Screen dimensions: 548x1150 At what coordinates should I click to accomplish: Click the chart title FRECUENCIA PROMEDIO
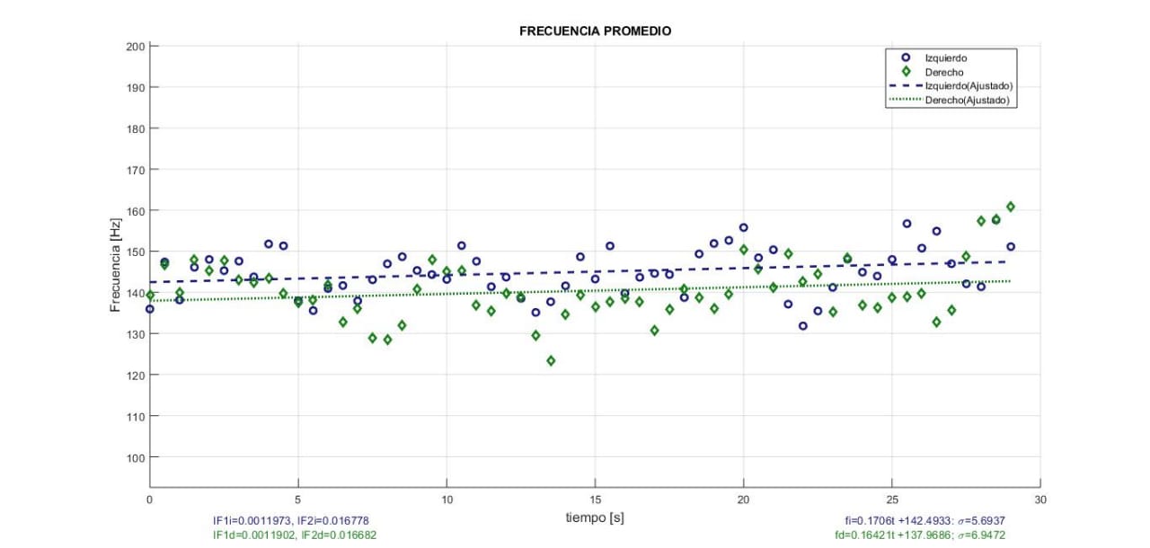[x=595, y=31]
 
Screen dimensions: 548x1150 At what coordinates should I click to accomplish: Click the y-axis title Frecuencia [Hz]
[x=115, y=265]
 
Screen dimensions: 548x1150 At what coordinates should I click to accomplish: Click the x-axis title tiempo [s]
[x=594, y=517]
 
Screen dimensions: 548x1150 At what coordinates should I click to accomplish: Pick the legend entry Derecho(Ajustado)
[x=970, y=101]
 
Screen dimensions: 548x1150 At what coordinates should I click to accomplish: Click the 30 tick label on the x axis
[x=1039, y=499]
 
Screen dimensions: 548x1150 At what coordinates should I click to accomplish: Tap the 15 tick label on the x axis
[x=595, y=499]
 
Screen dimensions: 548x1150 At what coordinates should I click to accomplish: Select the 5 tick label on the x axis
[x=298, y=499]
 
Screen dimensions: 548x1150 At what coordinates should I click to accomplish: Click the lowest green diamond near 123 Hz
[x=551, y=361]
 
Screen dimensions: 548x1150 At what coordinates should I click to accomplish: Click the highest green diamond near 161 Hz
[x=1011, y=207]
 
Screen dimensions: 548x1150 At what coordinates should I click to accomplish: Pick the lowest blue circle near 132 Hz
[x=802, y=326]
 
